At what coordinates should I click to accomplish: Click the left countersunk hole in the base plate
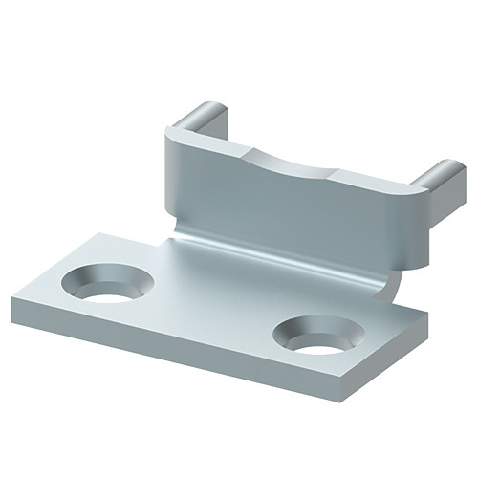(x=107, y=285)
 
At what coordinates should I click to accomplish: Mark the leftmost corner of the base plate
(x=13, y=304)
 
